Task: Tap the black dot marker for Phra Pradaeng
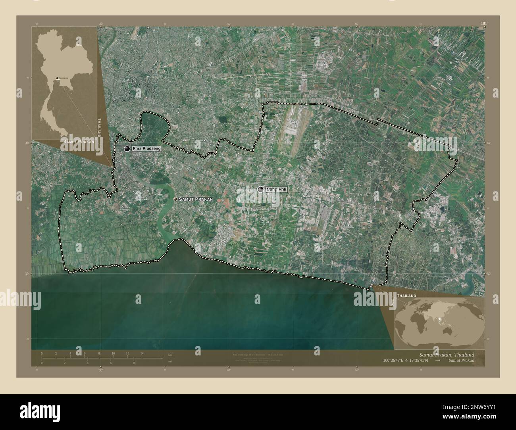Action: pos(127,148)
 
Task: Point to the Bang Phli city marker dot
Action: pos(260,190)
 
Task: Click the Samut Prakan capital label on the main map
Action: pos(196,199)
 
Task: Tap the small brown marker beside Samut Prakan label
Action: pos(175,199)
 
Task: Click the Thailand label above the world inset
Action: pos(406,296)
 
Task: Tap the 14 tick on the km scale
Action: pos(142,355)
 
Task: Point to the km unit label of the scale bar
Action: pos(170,355)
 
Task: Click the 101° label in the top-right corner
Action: pos(483,24)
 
